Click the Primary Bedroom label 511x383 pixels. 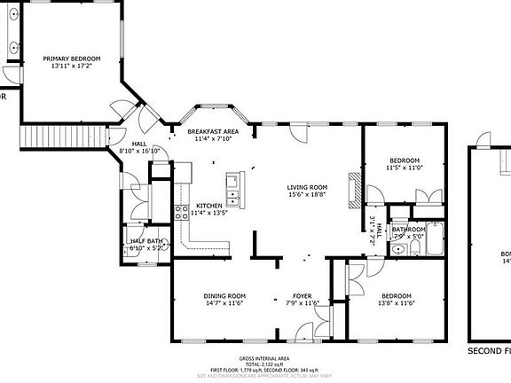(73, 59)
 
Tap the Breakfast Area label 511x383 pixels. (209, 131)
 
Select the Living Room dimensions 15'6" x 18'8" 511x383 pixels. (307, 195)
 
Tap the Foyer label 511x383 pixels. (303, 296)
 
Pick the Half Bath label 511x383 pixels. (145, 241)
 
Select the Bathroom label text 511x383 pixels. (409, 230)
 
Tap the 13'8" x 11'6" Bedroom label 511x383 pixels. (397, 296)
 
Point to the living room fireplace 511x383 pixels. (355, 189)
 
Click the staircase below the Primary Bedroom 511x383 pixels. (40, 137)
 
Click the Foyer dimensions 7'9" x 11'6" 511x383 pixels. (303, 303)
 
